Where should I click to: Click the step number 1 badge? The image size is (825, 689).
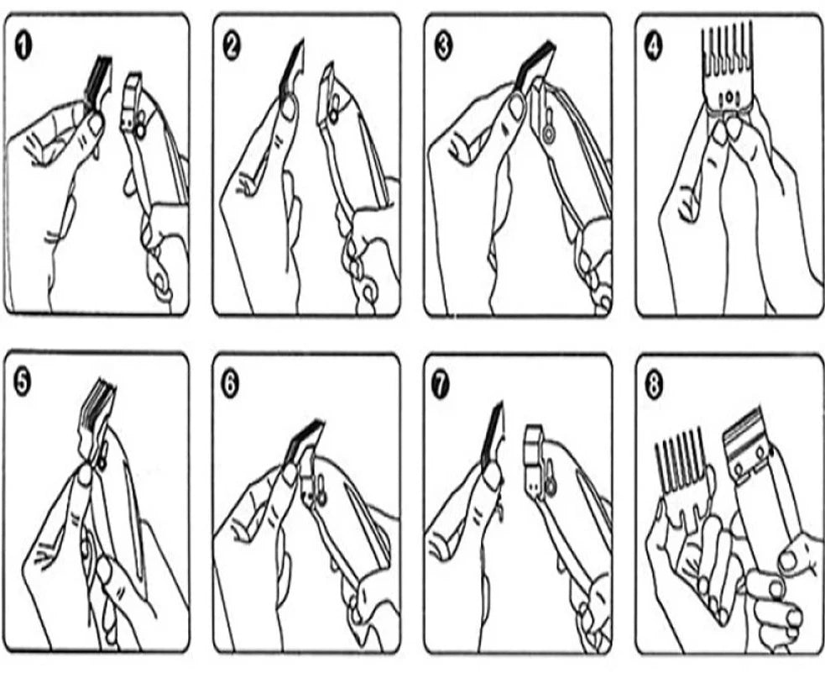[x=23, y=46]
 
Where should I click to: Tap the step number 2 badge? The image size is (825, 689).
[x=232, y=46]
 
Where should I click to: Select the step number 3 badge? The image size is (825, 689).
[x=443, y=46]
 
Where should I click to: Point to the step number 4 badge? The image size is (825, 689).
[x=654, y=47]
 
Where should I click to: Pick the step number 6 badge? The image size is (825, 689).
[x=230, y=385]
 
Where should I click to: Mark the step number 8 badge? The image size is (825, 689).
[x=654, y=387]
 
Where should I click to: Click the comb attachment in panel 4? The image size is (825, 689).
[x=727, y=68]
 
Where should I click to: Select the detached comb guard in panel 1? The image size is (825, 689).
[x=98, y=80]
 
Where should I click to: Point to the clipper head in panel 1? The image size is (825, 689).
[x=133, y=103]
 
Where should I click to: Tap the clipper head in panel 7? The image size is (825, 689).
[x=536, y=457]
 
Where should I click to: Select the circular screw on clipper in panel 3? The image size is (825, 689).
[x=548, y=134]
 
